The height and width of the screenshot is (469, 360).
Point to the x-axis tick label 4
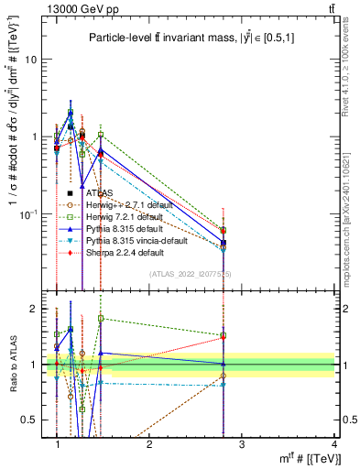pos(333,443)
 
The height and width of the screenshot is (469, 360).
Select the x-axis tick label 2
pos(149,443)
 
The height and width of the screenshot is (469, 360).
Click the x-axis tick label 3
pos(242,443)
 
